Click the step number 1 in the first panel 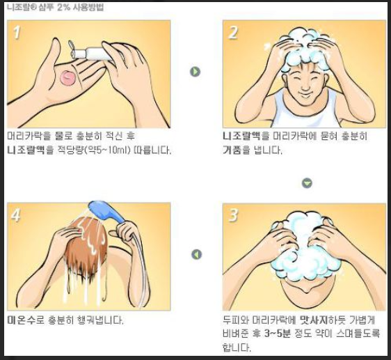(x=19, y=32)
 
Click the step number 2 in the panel (x=234, y=32)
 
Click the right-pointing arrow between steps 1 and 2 (x=195, y=72)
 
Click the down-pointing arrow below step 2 (x=307, y=183)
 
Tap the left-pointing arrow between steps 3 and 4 (x=196, y=255)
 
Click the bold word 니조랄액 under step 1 (x=27, y=150)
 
